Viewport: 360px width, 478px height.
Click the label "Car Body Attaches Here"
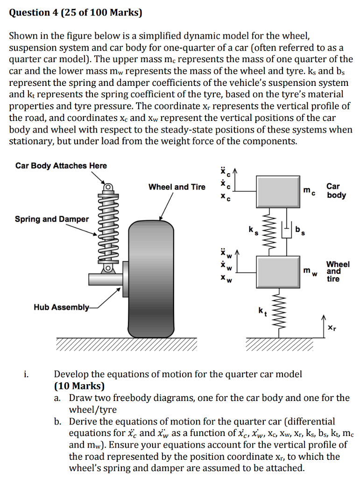tap(61, 166)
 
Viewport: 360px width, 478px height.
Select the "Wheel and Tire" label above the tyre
tap(176, 187)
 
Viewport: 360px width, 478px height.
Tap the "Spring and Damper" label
tap(51, 219)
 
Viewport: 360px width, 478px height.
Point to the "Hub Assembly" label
tap(61, 307)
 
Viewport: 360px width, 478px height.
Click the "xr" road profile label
tap(331, 329)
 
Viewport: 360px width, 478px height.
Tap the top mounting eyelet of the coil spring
tap(107, 187)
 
